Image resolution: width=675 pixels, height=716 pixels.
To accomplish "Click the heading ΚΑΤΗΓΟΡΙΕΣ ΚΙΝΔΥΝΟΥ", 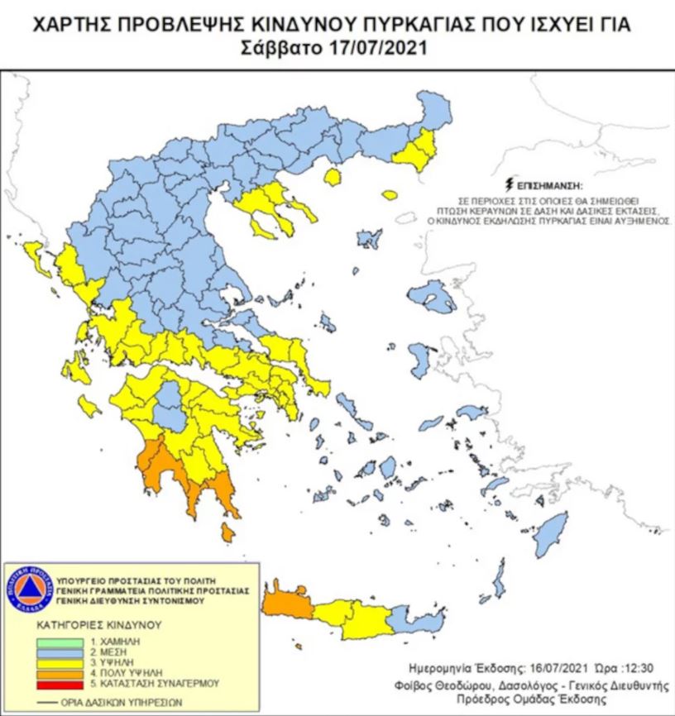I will tap(88, 625).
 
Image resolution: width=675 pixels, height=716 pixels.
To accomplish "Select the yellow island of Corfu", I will tap(36, 257).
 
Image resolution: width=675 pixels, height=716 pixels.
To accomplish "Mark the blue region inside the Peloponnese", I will tap(172, 405).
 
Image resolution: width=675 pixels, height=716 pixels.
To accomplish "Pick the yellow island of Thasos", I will tap(333, 178).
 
